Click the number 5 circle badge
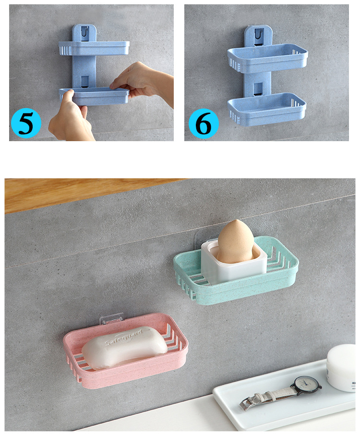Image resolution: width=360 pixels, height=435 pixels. tap(26, 123)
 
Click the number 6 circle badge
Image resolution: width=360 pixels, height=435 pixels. tap(204, 123)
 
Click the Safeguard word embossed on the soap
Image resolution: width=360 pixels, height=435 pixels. tap(124, 338)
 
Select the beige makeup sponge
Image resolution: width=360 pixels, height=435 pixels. tap(236, 241)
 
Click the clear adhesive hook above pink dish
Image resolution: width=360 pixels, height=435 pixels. tap(112, 318)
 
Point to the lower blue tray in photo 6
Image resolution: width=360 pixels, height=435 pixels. tap(266, 108)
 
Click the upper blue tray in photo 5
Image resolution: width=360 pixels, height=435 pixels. tap(94, 48)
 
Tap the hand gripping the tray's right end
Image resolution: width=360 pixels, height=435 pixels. tap(142, 81)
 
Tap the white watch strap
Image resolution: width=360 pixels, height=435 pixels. tap(275, 395)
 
